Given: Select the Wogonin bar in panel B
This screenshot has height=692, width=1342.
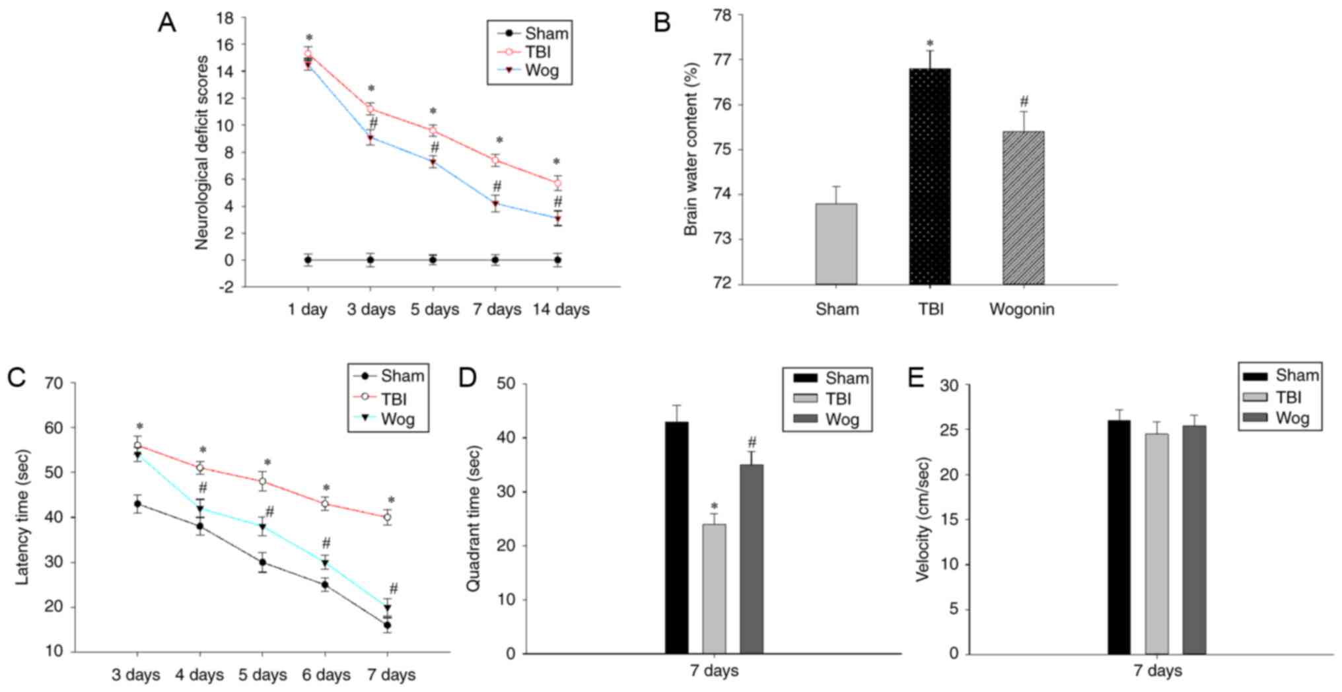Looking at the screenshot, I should click(x=1023, y=208).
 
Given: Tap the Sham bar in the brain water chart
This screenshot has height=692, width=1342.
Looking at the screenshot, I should click(x=836, y=244).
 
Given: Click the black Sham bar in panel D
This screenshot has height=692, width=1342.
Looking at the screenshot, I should click(x=676, y=537).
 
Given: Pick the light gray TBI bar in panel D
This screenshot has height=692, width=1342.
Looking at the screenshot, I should click(x=714, y=588).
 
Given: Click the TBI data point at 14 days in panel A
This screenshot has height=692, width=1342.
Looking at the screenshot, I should click(x=557, y=183).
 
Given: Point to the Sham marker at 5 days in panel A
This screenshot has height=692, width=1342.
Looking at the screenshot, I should click(x=433, y=260).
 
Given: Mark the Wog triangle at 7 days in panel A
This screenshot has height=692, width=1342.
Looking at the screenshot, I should click(x=495, y=203).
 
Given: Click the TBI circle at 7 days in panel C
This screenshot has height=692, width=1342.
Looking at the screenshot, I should click(x=388, y=518).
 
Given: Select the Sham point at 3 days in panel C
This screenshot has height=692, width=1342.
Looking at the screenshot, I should click(x=137, y=504).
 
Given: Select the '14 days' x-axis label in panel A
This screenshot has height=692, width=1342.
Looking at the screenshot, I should click(x=561, y=309).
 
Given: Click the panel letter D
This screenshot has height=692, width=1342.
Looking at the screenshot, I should click(x=467, y=378).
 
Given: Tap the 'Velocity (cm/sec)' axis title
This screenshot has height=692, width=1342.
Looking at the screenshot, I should click(x=922, y=519).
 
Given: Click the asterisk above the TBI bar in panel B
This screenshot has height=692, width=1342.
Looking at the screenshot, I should click(x=930, y=44).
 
